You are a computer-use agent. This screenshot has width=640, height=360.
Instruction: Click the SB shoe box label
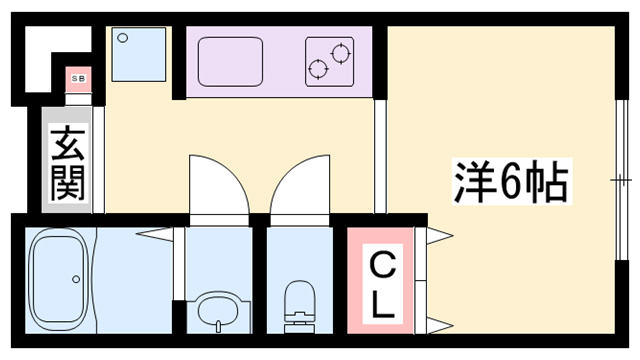[x=76, y=76]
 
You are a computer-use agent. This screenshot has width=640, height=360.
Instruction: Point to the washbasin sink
[x=215, y=309]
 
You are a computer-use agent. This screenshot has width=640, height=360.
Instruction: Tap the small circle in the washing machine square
[x=123, y=38]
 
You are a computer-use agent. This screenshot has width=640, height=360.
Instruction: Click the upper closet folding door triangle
[x=436, y=236]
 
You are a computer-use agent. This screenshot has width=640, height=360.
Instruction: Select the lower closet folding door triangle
[x=436, y=322]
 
